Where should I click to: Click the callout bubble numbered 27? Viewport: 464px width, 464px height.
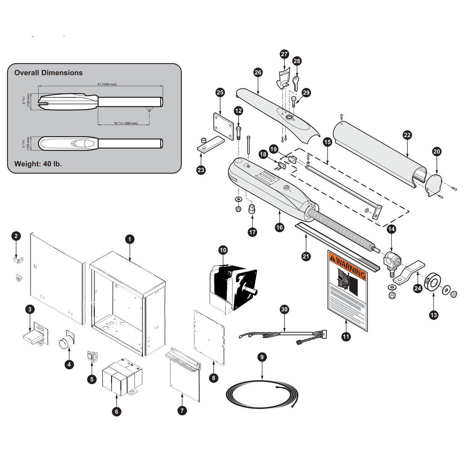pos(284,54)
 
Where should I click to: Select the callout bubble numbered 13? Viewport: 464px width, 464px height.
pos(433,315)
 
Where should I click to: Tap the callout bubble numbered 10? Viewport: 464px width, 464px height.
pos(223,250)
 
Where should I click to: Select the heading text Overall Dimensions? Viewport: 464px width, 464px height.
pos(49,73)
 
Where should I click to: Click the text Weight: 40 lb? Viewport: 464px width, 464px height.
pos(38,164)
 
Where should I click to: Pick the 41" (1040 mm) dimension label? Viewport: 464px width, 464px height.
pos(107,84)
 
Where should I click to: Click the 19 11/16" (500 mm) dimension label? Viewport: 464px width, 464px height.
pos(126,123)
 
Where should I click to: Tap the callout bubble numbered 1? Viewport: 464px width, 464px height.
pos(130,239)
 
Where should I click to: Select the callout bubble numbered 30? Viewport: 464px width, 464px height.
pos(284,309)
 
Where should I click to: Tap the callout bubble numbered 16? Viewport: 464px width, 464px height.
pos(279,227)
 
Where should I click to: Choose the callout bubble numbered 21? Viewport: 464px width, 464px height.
pos(306,256)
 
